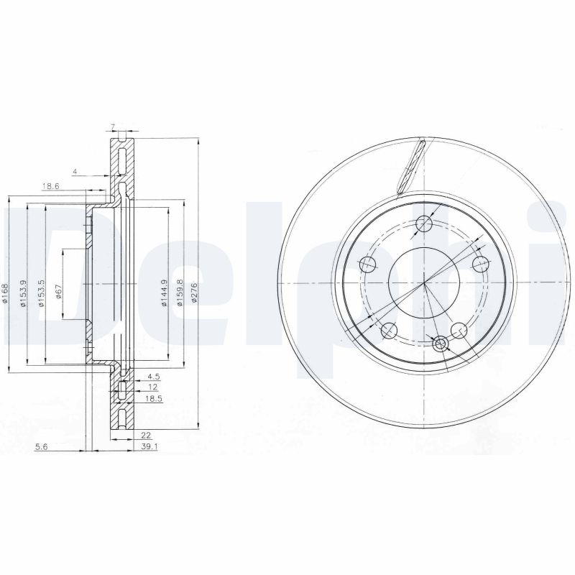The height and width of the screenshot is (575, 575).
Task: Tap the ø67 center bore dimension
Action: click(58, 293)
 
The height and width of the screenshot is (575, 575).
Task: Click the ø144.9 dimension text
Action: click(164, 293)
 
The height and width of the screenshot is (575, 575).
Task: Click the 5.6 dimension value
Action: click(42, 446)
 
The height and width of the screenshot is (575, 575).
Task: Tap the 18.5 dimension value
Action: click(153, 397)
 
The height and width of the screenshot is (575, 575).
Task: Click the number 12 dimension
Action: click(151, 387)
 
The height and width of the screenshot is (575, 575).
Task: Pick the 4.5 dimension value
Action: click(152, 376)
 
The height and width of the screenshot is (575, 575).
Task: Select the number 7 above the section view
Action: click(113, 127)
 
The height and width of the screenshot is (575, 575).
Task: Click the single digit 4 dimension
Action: click(74, 171)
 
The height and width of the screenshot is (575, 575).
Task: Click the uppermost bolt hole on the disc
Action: click(424, 224)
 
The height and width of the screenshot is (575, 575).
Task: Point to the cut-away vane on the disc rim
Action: click(412, 167)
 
